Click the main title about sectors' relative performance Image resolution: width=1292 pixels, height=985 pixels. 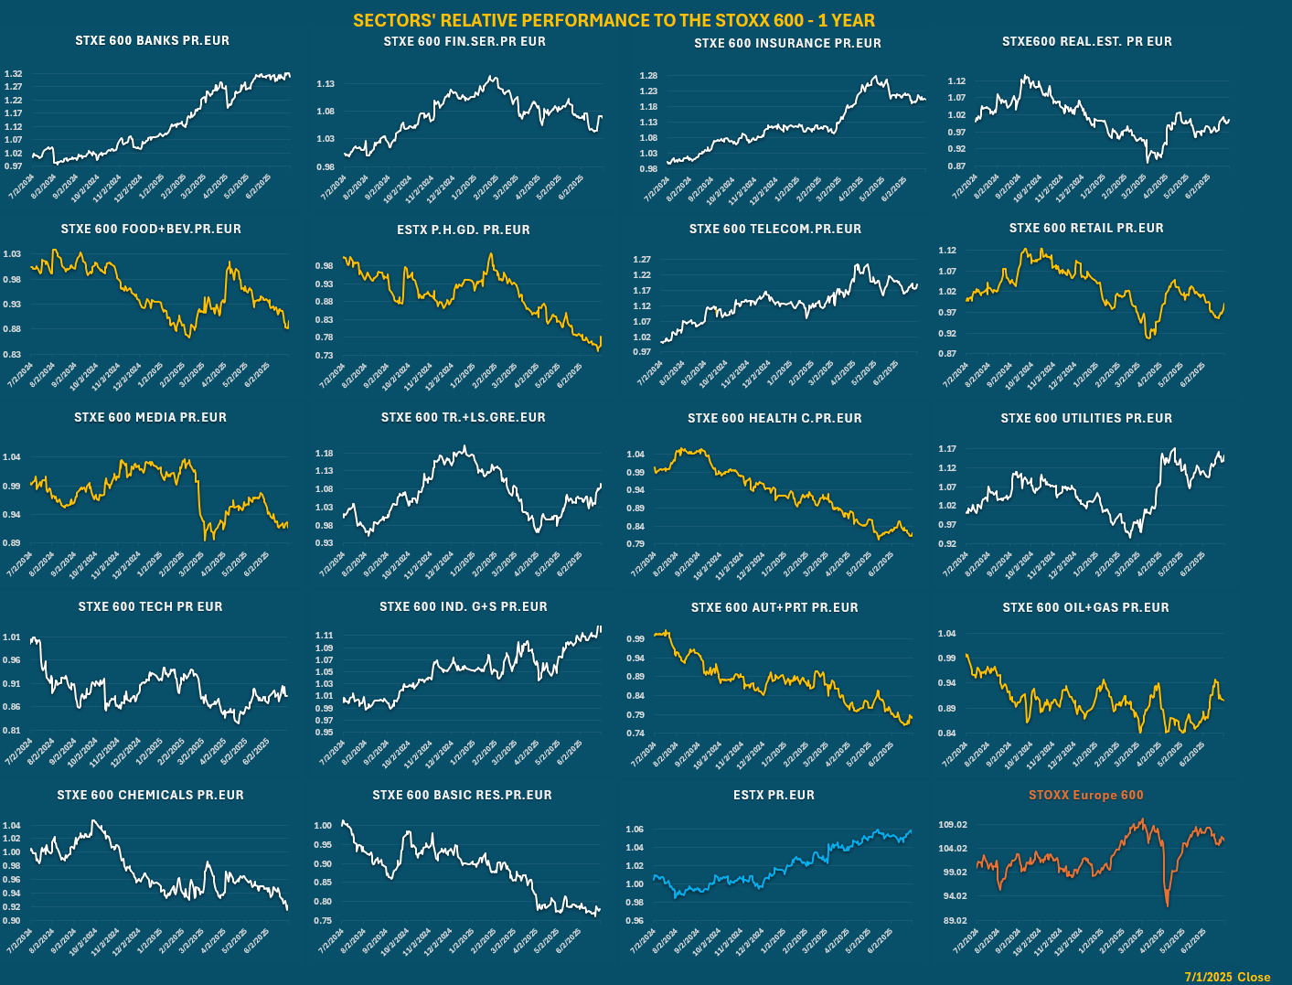[x=614, y=20]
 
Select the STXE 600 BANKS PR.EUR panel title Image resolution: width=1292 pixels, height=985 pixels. [x=152, y=40]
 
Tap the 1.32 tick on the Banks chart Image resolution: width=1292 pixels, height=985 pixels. [x=14, y=74]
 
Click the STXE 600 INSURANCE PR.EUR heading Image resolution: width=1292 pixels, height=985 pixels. [x=787, y=43]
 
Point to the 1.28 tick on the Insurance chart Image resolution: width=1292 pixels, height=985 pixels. [x=648, y=76]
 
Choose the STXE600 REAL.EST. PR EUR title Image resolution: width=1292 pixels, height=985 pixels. [x=1086, y=41]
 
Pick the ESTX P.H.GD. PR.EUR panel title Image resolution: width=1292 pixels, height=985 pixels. [x=463, y=230]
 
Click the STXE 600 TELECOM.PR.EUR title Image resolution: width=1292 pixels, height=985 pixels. [x=774, y=229]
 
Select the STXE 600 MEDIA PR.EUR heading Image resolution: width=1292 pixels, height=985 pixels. [x=150, y=417]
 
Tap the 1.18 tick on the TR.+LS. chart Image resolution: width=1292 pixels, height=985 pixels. [x=324, y=454]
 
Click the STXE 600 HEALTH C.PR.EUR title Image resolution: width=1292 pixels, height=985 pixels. [x=774, y=418]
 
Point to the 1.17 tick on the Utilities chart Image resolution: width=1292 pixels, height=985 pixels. [x=947, y=449]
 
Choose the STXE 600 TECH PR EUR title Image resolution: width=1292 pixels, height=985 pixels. [x=150, y=606]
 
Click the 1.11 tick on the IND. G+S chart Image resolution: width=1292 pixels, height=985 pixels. [x=324, y=636]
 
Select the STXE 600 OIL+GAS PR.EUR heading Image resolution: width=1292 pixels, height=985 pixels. [x=1085, y=607]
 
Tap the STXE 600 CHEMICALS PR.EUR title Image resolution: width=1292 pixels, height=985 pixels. [x=150, y=795]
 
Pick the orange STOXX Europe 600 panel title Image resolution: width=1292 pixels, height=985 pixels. [x=1085, y=795]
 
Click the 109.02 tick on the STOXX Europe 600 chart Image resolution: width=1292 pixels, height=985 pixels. [x=952, y=825]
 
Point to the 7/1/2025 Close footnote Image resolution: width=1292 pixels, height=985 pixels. [x=1227, y=977]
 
